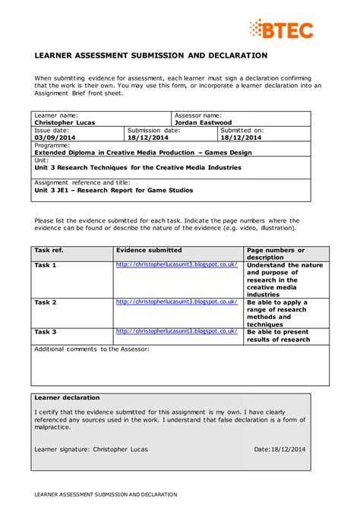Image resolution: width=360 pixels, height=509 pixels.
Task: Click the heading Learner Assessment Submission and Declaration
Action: click(150, 55)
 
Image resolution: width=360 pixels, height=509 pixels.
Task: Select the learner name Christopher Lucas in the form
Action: click(65, 122)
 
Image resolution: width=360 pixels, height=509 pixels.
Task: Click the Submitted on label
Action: click(242, 130)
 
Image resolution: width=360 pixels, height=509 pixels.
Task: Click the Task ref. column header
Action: click(49, 250)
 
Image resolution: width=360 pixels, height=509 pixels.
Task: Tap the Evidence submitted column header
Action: click(148, 250)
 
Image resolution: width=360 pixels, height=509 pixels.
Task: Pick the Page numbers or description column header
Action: click(275, 253)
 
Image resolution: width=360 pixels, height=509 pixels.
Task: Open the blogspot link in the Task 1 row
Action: click(176, 264)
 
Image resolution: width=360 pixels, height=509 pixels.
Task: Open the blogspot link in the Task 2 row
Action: click(176, 301)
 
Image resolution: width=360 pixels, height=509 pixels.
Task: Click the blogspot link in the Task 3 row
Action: click(176, 331)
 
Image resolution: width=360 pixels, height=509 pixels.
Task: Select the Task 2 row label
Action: click(46, 302)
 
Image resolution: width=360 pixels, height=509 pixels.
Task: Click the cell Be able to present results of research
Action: click(278, 335)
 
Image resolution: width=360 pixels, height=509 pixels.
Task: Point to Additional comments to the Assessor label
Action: click(91, 349)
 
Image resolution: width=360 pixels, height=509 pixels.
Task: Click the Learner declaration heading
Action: click(67, 397)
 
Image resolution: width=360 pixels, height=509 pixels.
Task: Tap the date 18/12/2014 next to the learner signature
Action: click(289, 449)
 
